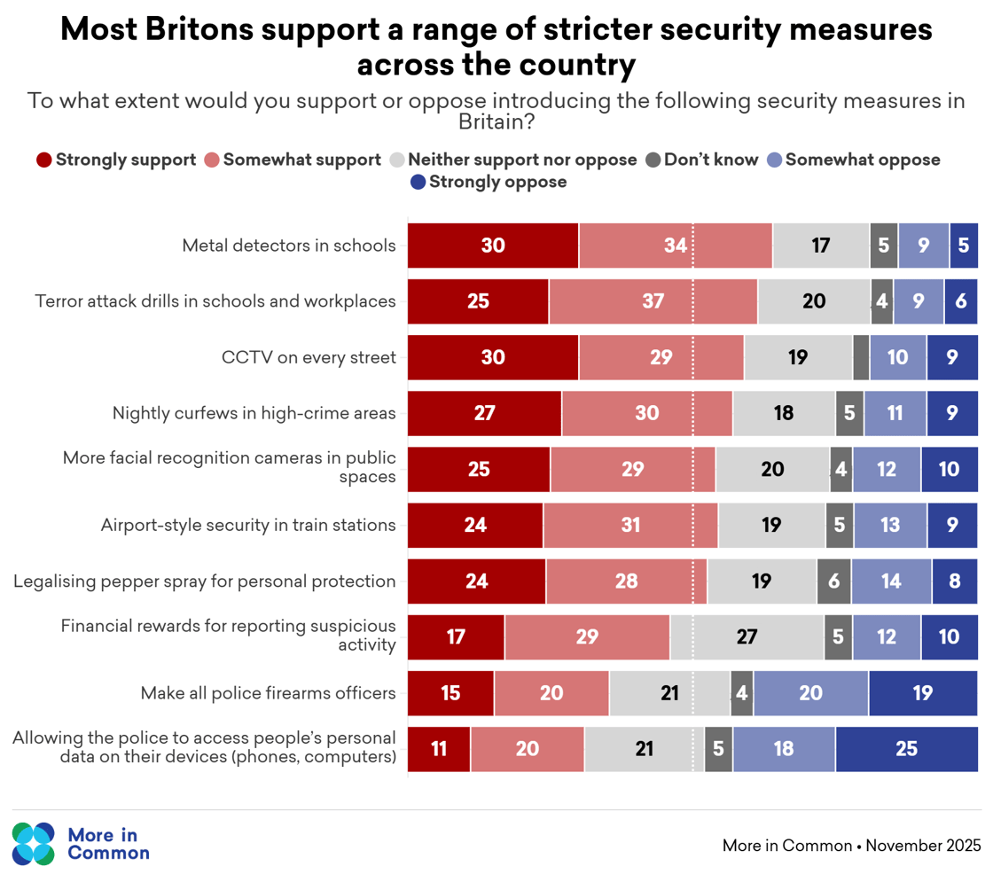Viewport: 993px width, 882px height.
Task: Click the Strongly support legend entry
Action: [x=116, y=160]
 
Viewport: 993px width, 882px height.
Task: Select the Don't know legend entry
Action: [x=702, y=160]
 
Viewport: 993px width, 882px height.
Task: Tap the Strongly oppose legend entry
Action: [x=489, y=182]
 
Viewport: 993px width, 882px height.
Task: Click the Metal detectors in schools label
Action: [x=288, y=246]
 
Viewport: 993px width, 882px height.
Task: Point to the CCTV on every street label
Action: [x=308, y=357]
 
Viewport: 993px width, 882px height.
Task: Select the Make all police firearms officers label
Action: [x=268, y=692]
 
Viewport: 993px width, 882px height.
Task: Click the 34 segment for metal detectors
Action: [x=676, y=246]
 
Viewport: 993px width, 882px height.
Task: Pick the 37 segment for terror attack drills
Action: [x=653, y=301]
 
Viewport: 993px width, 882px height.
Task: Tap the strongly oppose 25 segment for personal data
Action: [x=906, y=748]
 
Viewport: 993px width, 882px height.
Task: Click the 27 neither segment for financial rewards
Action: [x=747, y=636]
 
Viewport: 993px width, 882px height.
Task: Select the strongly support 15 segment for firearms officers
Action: [x=450, y=692]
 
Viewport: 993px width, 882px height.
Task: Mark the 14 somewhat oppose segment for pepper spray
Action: [x=891, y=581]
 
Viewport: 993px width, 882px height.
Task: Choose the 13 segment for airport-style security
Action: [x=890, y=525]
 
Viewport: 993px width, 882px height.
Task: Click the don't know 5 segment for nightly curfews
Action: [x=849, y=413]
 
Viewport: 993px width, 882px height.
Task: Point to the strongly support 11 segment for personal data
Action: [x=439, y=748]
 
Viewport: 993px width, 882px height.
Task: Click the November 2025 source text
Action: [x=923, y=845]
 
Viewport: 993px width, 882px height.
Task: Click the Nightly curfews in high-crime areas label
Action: [x=254, y=413]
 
